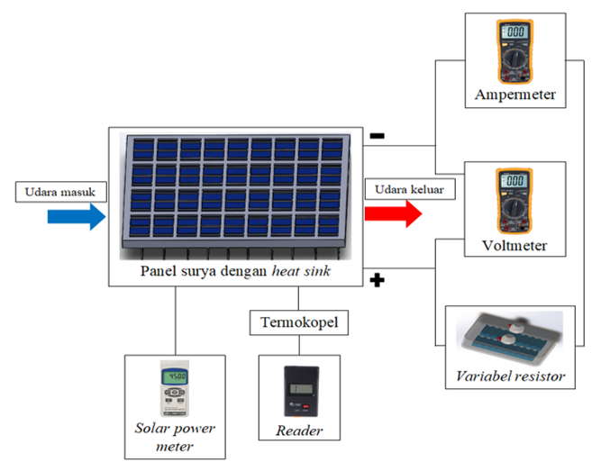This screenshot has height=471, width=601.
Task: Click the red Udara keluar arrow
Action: pos(393,214)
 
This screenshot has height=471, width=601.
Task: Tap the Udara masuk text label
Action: pos(60,191)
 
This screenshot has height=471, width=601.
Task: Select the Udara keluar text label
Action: pos(410,190)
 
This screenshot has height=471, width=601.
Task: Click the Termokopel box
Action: pos(295,322)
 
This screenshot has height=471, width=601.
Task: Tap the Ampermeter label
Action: pos(514,94)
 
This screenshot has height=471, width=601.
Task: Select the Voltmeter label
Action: pos(514,243)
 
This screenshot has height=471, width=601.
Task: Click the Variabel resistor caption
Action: pos(510,376)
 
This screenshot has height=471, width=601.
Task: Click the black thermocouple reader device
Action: pos(299,392)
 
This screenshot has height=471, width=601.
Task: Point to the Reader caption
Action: pos(299,431)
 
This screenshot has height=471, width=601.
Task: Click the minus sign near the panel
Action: pos(378,136)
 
